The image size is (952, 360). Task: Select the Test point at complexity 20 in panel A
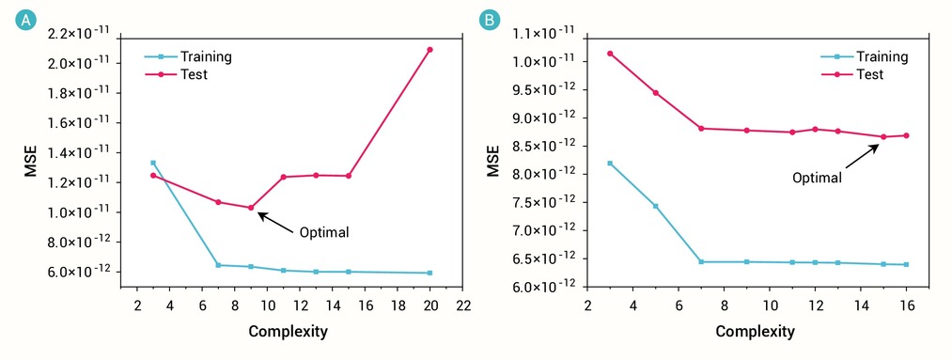pyautogui.click(x=429, y=50)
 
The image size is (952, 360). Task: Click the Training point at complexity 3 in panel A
pyautogui.click(x=153, y=163)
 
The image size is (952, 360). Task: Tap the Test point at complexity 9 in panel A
pyautogui.click(x=251, y=208)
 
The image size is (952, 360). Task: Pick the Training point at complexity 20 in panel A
pyautogui.click(x=429, y=274)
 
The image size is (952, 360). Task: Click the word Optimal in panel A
pyautogui.click(x=324, y=232)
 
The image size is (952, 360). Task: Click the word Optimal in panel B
pyautogui.click(x=818, y=179)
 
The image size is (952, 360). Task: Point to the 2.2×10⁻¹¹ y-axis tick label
pyautogui.click(x=85, y=34)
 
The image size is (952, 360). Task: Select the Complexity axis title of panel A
pyautogui.click(x=289, y=332)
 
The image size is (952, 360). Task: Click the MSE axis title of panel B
pyautogui.click(x=494, y=161)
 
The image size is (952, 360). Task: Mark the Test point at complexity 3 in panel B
pyautogui.click(x=610, y=54)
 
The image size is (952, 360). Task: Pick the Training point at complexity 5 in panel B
pyautogui.click(x=656, y=207)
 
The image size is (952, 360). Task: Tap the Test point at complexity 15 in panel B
pyautogui.click(x=883, y=136)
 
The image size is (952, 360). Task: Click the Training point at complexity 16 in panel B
pyautogui.click(x=907, y=265)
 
